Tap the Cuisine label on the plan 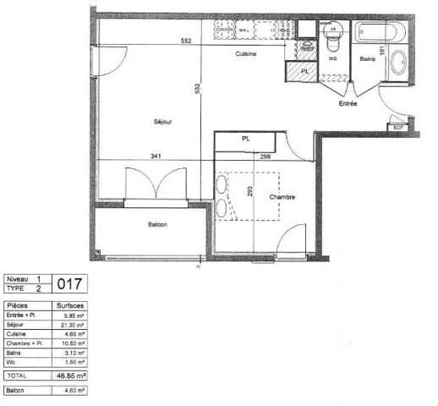pyautogui.click(x=246, y=54)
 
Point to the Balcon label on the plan pyautogui.click(x=156, y=224)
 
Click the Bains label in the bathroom pyautogui.click(x=367, y=59)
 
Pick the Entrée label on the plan pyautogui.click(x=348, y=104)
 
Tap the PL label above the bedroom pyautogui.click(x=247, y=138)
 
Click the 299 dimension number pyautogui.click(x=265, y=156)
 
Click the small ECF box pyautogui.click(x=400, y=127)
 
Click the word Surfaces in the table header pyautogui.click(x=69, y=305)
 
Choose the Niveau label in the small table pyautogui.click(x=18, y=279)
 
